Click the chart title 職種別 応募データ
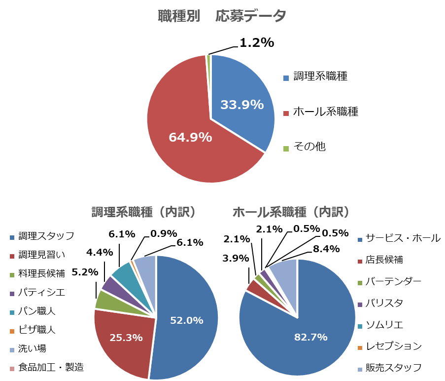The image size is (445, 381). point(222,16)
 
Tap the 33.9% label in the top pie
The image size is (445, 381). point(242,105)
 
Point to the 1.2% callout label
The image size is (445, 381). point(256,43)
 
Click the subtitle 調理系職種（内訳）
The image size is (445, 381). point(144,212)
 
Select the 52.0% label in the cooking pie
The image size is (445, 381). point(187,320)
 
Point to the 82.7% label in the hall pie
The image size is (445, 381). point(311,337)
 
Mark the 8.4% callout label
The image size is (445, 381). point(326,249)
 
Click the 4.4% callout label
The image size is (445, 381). point(100,252)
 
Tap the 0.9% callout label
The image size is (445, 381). point(164,233)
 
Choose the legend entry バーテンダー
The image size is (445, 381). point(393,281)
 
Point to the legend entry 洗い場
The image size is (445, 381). point(32,348)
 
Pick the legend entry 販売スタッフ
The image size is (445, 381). point(393,368)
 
